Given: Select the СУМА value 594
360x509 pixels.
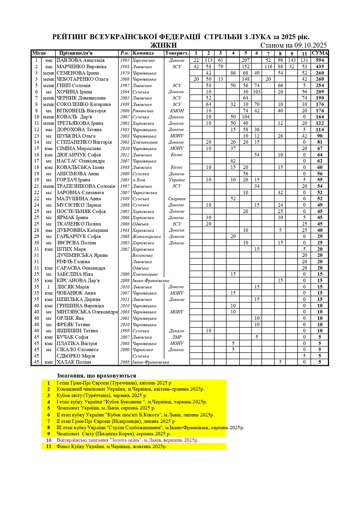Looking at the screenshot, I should tap(320, 60).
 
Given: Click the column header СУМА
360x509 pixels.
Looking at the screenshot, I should tap(320, 53).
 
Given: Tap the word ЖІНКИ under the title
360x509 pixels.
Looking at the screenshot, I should tap(163, 45).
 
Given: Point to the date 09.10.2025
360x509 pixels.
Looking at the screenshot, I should tap(310, 45).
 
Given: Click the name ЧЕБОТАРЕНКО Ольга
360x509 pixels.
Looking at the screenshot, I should tap(82, 79).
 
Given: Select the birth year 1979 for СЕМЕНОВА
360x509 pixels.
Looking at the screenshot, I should tap(125, 73).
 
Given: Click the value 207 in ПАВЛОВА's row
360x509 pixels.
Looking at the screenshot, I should tap(246, 60).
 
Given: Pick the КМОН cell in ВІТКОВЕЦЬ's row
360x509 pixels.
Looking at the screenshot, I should tap(177, 111).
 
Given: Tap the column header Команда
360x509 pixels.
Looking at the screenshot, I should tap(143, 53).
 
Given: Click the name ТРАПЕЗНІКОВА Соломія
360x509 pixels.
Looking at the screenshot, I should tap(86, 186).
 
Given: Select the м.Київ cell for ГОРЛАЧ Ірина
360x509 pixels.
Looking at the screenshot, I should tap(138, 180).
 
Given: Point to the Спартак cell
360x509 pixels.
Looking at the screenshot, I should tap(177, 199).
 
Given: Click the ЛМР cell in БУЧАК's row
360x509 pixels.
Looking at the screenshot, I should tap(177, 337).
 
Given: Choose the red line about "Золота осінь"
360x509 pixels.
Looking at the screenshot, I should tap(127, 440).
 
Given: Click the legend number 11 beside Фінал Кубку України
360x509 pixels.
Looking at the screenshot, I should tap(48, 447).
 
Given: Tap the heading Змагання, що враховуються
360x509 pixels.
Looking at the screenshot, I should tap(96, 376).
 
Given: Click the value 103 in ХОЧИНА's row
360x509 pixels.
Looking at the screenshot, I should tap(257, 92).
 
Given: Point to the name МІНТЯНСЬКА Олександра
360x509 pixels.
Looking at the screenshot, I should tap(87, 312).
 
